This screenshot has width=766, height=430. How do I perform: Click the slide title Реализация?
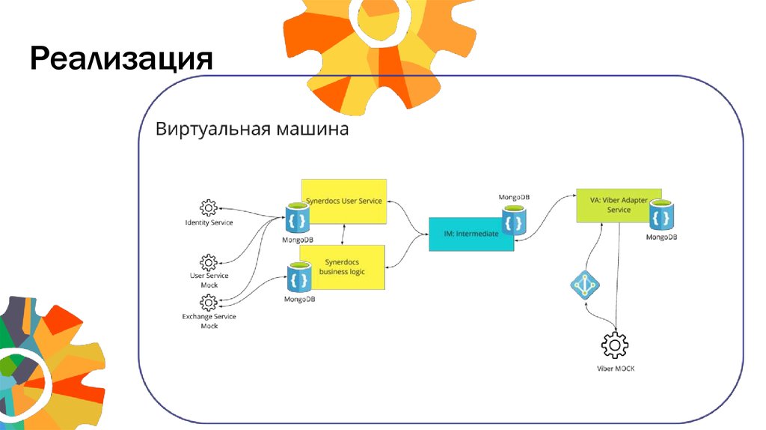coord(122,58)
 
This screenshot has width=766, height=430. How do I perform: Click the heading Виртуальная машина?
coord(251,129)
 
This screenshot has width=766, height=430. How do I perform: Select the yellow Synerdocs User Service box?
coord(345,201)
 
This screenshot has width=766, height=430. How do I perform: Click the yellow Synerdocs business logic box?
coord(343,267)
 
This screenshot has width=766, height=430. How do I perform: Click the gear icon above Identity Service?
coord(209,208)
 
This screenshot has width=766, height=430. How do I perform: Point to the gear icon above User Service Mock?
coord(209,262)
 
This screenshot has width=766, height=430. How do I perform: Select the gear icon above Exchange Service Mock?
coord(209,303)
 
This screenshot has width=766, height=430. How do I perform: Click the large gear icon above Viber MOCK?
coord(615,345)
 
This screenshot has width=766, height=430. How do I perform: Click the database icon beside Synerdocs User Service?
coord(297,219)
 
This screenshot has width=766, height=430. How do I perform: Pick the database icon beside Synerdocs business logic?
coord(299,279)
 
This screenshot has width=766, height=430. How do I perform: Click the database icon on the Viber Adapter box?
coord(661,216)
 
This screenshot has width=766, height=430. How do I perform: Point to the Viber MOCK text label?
coord(615,369)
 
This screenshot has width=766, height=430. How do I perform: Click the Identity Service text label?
coord(209,222)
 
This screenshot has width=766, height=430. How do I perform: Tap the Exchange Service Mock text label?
coord(209,321)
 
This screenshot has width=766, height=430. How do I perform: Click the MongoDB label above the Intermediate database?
coord(513,198)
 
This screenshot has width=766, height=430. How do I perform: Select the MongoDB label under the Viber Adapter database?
coord(661,237)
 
